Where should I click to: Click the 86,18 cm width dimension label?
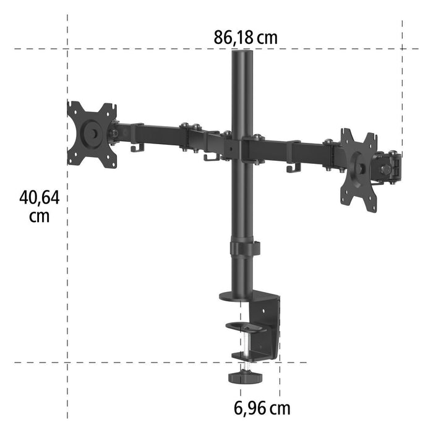click(246, 37)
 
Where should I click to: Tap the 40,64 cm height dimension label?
click(39, 207)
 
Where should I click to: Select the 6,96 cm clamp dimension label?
click(262, 408)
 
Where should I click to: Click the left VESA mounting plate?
click(92, 134)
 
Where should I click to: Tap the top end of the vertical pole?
click(239, 54)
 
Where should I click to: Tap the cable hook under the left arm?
click(137, 147)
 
